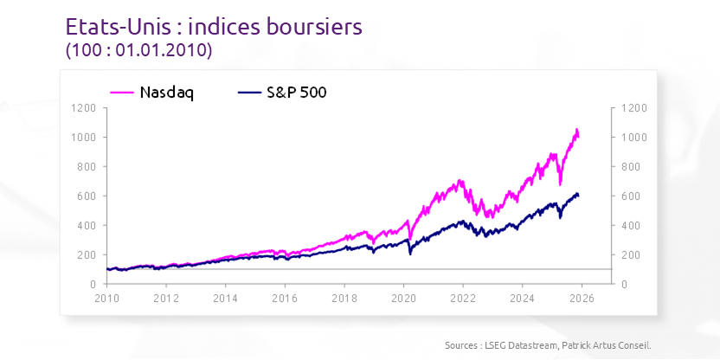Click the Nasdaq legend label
(x=166, y=93)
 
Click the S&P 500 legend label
(x=297, y=93)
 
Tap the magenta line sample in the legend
(x=122, y=93)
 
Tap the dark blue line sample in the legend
(x=250, y=93)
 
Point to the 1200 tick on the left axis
(x=84, y=108)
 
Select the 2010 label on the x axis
(x=106, y=298)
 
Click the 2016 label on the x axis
(x=285, y=298)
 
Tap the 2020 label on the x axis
(x=403, y=298)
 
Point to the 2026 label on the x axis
(x=582, y=298)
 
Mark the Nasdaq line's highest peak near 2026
(x=576, y=130)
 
